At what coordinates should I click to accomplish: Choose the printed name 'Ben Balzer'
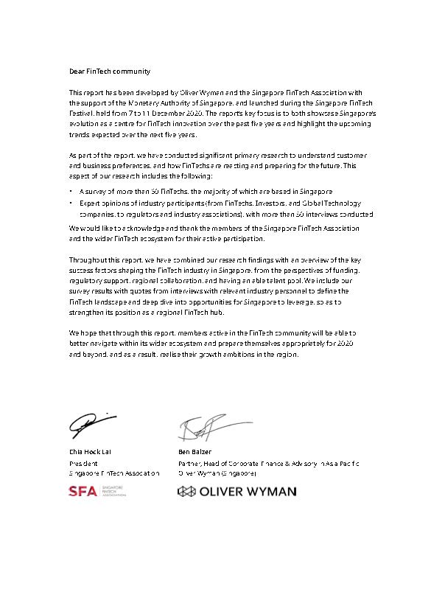coord(195,451)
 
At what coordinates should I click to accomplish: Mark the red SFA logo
coord(83,492)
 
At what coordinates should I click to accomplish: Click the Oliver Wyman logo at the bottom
coord(236,492)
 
